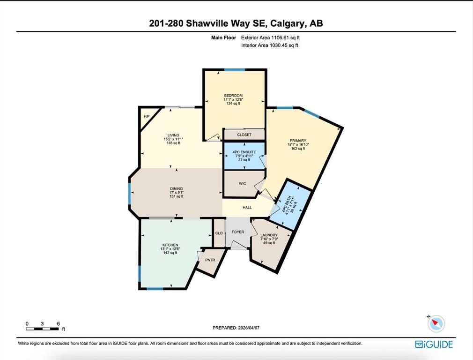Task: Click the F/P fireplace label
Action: [147, 116]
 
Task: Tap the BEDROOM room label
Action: [233, 96]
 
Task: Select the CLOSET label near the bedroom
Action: [244, 135]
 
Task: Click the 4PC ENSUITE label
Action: [244, 152]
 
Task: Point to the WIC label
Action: [242, 183]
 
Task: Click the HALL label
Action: [247, 208]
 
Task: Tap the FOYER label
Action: [238, 232]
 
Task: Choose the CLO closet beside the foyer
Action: [219, 233]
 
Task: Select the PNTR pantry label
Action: [210, 260]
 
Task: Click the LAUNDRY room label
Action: [269, 235]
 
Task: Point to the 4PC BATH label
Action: [285, 205]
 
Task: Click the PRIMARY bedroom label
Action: [298, 141]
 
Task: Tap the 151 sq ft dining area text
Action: [177, 196]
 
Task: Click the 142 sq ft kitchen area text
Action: [170, 253]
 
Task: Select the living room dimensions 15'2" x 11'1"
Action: [173, 139]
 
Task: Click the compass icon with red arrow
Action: [436, 324]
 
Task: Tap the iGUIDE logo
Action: [434, 344]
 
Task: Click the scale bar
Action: [42, 329]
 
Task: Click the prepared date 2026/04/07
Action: [249, 328]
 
